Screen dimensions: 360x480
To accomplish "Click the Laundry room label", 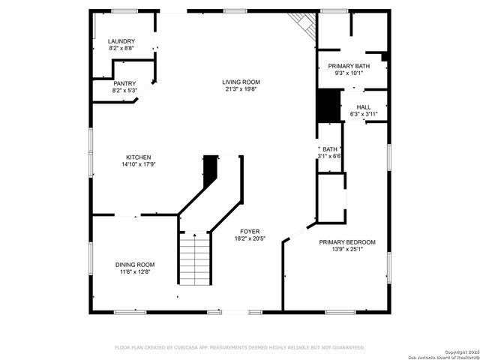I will pos(121,41).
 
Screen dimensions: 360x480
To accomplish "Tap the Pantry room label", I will pos(124,83).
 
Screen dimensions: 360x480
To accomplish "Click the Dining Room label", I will pos(135,264).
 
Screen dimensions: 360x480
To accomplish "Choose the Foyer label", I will pos(250,231).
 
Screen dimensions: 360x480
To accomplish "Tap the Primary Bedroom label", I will pos(346,241).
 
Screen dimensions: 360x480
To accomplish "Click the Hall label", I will pos(364,107).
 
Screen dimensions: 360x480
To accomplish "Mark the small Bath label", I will pos(330,149).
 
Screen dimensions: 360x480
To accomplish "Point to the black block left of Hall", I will pos(327,106).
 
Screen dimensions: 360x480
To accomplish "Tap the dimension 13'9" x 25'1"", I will pos(346,249).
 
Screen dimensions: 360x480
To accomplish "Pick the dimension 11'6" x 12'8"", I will pos(135,271).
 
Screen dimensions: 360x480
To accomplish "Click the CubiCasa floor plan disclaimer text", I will pos(239,347).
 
